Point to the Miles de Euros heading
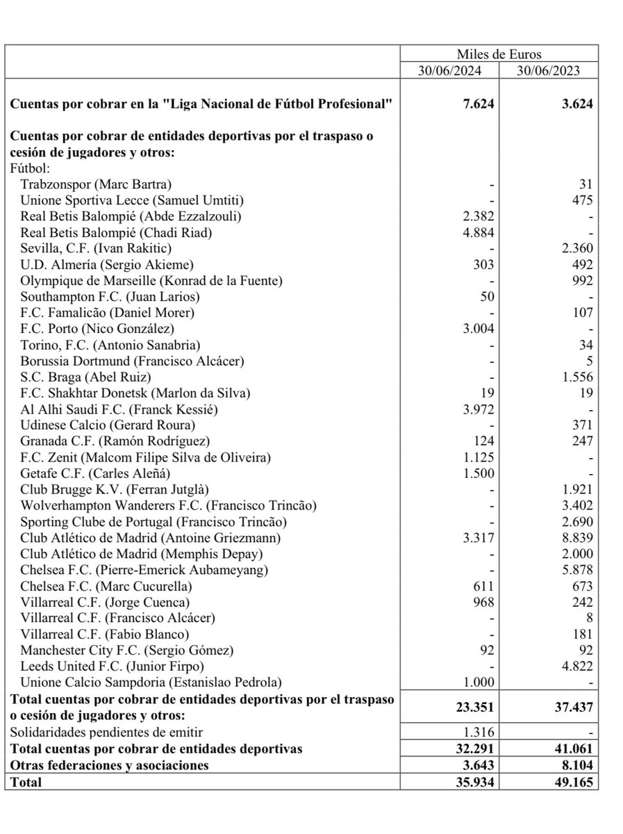(x=499, y=54)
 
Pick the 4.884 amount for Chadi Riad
(x=479, y=232)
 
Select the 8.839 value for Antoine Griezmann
(x=575, y=537)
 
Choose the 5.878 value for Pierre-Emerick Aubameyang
(x=575, y=569)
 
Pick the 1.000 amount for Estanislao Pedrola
(x=479, y=682)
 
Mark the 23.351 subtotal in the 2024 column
(x=474, y=707)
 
